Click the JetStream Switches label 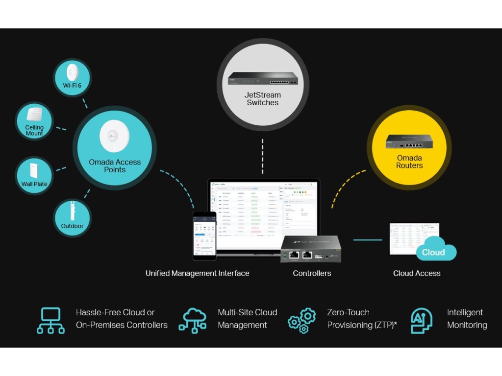[262, 98]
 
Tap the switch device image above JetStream [262, 79]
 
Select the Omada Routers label [409, 162]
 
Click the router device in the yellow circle [409, 141]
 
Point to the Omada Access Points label [115, 165]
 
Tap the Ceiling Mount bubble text [34, 130]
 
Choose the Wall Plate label [34, 184]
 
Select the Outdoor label [72, 226]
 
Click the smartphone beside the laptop [204, 235]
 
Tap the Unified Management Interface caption [197, 273]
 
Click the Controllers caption [312, 273]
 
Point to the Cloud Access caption [417, 273]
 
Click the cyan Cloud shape [433, 251]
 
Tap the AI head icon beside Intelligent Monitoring [422, 320]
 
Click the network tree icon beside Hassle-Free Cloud [50, 320]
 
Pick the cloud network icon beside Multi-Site [192, 320]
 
